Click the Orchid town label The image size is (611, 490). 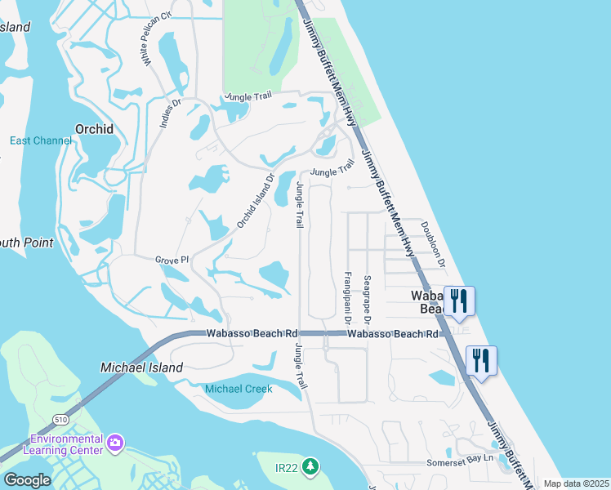[94, 128]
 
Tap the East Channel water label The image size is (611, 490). [41, 140]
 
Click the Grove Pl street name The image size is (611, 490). [172, 260]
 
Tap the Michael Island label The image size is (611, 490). [141, 367]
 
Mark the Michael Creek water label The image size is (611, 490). [239, 389]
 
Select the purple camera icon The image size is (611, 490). [115, 443]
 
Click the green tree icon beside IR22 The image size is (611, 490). [310, 466]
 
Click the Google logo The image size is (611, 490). [27, 479]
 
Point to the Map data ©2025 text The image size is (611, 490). [576, 483]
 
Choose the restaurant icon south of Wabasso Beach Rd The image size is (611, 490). [481, 359]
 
